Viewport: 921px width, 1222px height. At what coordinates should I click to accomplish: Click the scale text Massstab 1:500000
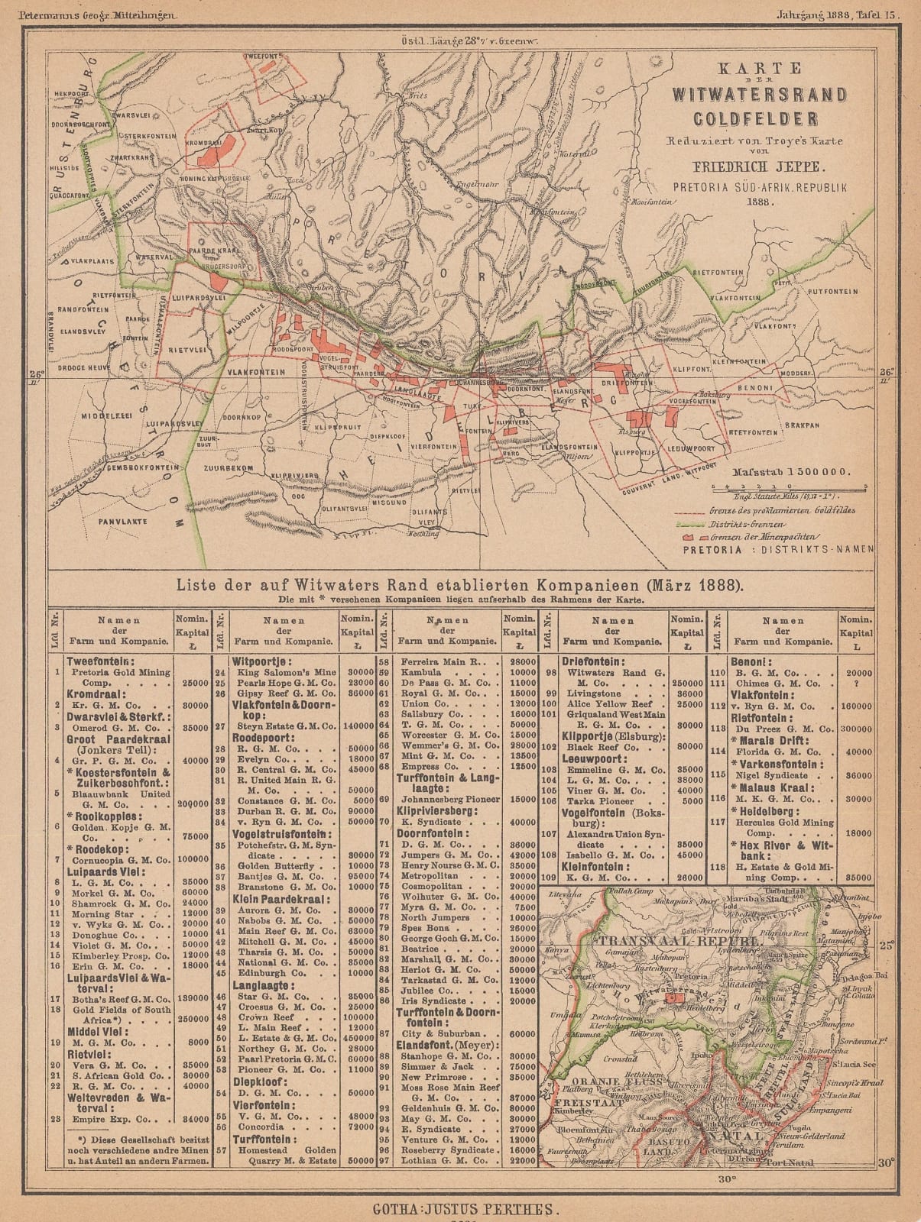(x=790, y=472)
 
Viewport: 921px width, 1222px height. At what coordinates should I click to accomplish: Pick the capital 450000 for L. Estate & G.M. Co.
(x=357, y=1037)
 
